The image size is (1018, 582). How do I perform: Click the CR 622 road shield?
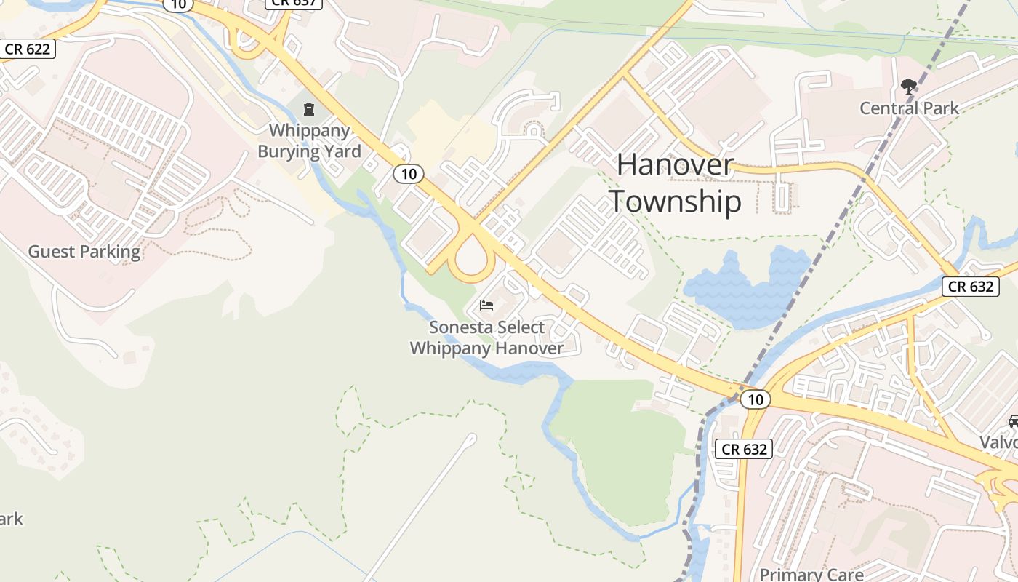27,49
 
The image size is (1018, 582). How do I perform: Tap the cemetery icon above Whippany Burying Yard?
309,110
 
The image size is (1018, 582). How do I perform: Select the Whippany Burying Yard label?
310,141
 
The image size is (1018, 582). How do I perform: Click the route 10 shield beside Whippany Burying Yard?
409,174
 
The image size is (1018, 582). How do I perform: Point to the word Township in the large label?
675,202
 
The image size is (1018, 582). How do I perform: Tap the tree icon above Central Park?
908,87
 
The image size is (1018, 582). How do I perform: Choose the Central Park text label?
909,108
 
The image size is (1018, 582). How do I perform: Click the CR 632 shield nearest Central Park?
971,286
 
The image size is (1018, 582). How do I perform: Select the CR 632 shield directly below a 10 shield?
743,449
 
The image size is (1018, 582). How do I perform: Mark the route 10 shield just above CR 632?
756,399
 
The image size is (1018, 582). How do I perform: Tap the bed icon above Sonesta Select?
486,305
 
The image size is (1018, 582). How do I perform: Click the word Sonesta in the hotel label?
457,327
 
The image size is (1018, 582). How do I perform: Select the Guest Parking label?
84,252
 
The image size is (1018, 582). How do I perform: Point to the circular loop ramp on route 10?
471,258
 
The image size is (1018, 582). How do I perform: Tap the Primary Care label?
811,573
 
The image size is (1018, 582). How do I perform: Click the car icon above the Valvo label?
1014,421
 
